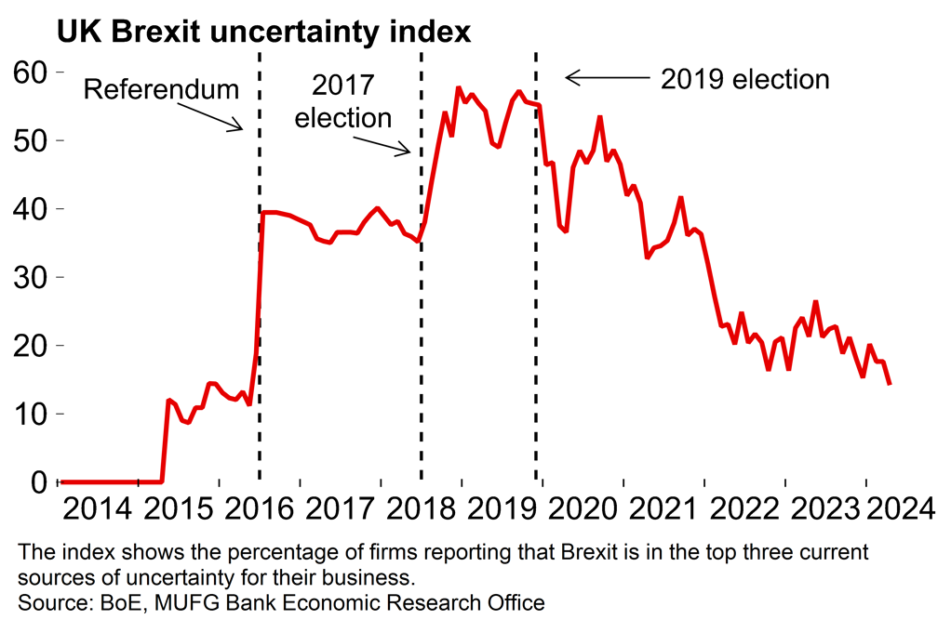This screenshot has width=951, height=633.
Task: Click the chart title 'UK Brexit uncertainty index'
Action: [263, 33]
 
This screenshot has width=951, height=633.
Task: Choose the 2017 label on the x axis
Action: [341, 509]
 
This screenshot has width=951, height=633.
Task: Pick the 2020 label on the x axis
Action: [583, 509]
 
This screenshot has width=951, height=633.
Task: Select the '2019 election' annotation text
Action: [744, 79]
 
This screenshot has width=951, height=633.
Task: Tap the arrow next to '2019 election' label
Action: [605, 78]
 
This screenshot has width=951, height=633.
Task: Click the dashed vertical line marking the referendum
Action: [260, 279]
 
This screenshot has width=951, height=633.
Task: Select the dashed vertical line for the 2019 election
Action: [536, 279]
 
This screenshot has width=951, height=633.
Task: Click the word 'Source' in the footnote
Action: [46, 602]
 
